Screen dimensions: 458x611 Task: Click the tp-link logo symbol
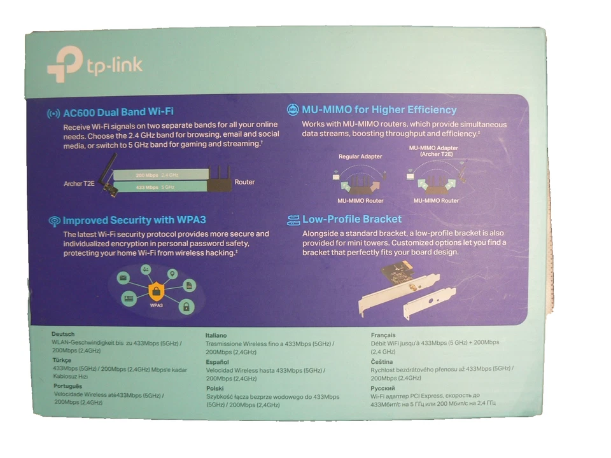point(64,66)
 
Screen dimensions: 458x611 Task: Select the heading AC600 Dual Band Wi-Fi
point(118,114)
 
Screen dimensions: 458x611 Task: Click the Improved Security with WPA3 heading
point(126,221)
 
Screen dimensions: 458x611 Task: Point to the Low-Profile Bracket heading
point(351,219)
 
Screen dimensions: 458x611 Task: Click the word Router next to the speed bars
point(244,182)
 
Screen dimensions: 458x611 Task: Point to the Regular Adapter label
point(360,156)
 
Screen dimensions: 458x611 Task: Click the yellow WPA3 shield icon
point(156,292)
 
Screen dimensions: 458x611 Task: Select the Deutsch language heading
point(63,334)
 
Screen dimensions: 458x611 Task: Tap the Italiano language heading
point(216,335)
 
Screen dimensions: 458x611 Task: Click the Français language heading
point(383,335)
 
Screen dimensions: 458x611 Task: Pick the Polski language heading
point(214,388)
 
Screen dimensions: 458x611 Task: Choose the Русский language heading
point(383,388)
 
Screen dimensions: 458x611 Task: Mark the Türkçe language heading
point(62,360)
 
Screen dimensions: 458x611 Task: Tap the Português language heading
point(67,386)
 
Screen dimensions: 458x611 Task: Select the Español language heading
point(217,362)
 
